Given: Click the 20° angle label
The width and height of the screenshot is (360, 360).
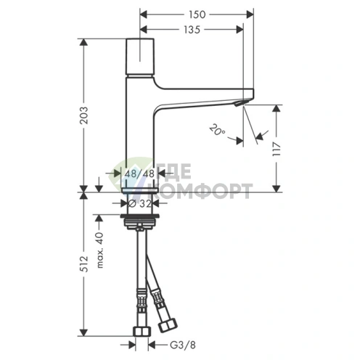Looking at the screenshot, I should point(216,130).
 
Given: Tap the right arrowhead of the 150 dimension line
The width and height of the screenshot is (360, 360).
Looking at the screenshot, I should point(251,15).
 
